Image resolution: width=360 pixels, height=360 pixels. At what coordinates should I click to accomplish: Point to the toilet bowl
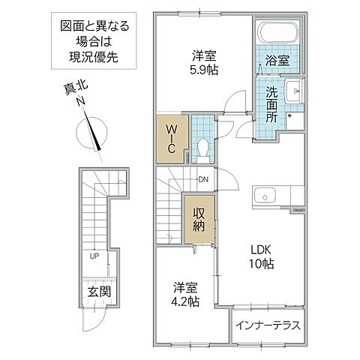[201, 148]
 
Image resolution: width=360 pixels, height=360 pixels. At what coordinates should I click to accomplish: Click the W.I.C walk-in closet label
[171, 139]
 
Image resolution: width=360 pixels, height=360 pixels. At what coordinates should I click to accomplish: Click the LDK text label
[262, 250]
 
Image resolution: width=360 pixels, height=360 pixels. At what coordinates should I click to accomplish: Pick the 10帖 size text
[262, 265]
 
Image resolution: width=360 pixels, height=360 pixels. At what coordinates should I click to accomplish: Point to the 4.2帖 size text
[184, 301]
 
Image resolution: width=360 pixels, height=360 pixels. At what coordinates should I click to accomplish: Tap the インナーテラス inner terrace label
[268, 325]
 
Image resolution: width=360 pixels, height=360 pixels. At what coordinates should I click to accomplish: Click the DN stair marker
[202, 179]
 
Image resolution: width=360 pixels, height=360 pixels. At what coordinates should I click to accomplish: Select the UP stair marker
[94, 256]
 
